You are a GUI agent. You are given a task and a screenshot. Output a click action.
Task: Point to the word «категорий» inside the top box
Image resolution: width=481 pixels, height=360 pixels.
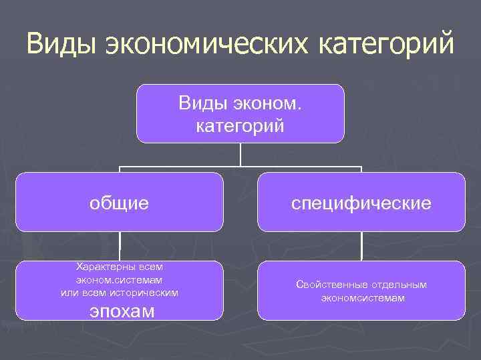240,125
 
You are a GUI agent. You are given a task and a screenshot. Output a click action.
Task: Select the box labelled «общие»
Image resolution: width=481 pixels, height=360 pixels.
120,202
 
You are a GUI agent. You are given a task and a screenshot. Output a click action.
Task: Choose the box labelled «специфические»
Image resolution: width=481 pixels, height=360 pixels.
361,202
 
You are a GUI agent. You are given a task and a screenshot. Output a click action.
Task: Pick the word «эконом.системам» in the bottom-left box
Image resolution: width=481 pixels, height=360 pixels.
120,280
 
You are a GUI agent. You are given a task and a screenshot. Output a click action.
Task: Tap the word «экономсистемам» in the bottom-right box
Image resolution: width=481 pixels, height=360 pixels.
361,298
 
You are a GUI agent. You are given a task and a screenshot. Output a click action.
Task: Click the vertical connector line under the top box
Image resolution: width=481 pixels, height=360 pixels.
240,154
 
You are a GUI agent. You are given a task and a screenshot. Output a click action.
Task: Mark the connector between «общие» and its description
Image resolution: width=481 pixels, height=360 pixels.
120,246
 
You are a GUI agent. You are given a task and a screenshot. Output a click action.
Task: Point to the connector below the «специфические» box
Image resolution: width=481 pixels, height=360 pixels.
361,246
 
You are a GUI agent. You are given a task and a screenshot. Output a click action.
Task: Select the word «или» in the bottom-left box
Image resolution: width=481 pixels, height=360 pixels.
69,293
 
